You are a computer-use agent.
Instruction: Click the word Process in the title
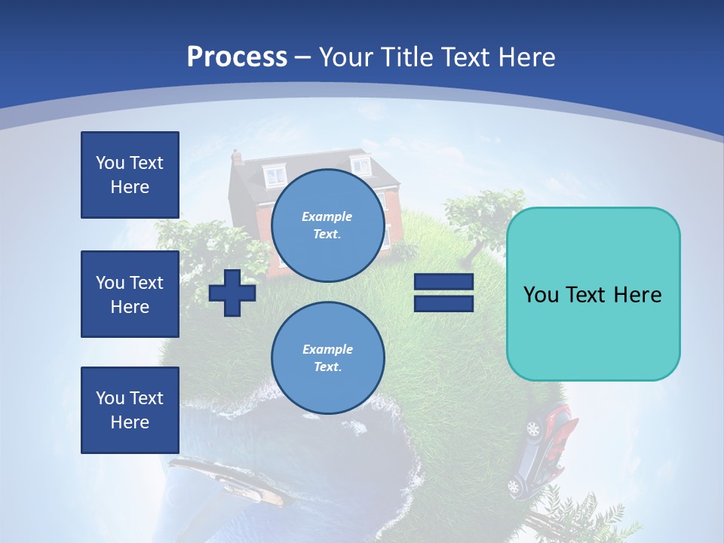coord(237,57)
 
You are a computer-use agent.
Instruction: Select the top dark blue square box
coord(130,175)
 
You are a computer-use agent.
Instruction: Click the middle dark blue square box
coord(130,294)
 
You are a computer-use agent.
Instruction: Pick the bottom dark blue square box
coord(130,410)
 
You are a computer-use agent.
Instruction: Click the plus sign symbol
coord(232,293)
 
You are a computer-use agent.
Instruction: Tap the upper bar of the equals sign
coord(443,282)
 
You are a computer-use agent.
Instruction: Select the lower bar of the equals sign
coord(443,303)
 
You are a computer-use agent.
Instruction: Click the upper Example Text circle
coord(327,225)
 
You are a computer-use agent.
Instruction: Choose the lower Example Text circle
coord(327,357)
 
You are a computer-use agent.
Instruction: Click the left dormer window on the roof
coord(275,176)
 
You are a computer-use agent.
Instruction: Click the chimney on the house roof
coord(237,157)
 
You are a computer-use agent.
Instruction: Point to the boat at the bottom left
coord(226,479)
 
